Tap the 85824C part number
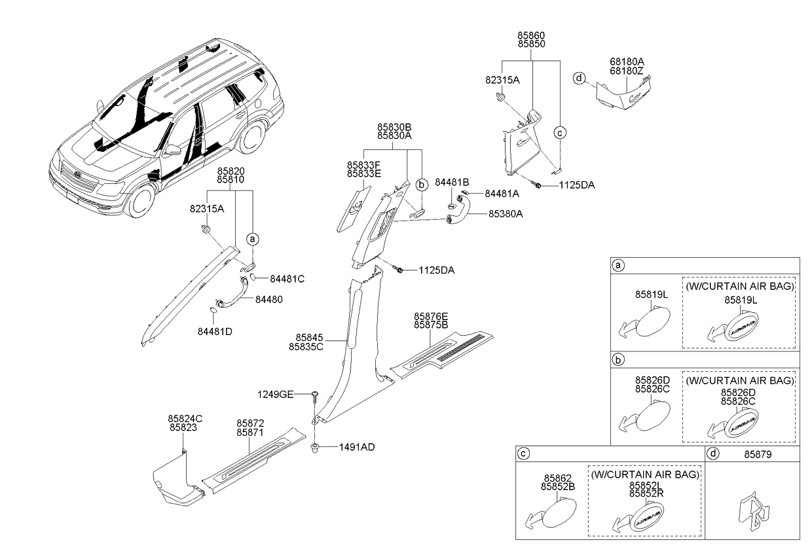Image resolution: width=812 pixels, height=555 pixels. click(185, 418)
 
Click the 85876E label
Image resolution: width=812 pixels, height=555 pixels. click(431, 316)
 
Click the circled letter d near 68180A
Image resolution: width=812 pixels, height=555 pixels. click(578, 79)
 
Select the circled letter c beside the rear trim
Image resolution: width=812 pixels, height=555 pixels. click(560, 132)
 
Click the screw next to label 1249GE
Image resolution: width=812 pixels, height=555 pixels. click(316, 395)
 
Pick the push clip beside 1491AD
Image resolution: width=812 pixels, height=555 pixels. click(315, 449)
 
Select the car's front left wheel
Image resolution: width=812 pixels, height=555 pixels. click(140, 201)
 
